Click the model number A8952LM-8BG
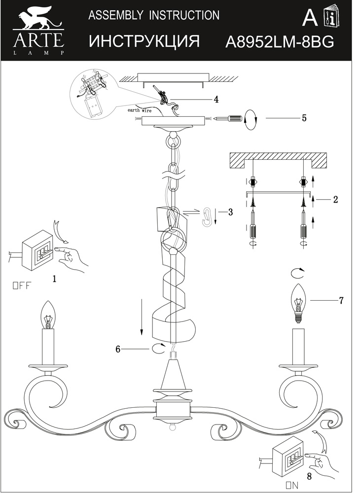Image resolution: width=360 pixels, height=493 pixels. [x=279, y=42]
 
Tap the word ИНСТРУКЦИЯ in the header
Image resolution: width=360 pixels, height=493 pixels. [x=144, y=41]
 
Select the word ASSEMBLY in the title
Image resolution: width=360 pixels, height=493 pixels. [x=113, y=15]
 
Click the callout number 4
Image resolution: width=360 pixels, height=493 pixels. [x=216, y=100]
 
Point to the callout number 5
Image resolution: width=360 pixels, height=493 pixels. [x=304, y=118]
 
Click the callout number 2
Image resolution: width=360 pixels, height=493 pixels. [x=335, y=200]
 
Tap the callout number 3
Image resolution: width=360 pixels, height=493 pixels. [x=230, y=212]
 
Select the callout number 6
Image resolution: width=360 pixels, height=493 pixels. [x=118, y=349]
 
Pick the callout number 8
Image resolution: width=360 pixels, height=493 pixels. [x=309, y=477]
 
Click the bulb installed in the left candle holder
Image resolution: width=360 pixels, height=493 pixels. [x=48, y=315]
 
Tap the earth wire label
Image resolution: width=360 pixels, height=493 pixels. [x=140, y=111]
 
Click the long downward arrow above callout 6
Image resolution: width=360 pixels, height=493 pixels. [x=142, y=316]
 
